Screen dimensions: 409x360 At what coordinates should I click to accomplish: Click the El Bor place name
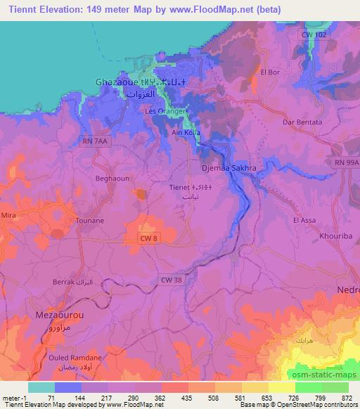(x=270, y=72)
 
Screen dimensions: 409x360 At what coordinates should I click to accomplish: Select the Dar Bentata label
(x=302, y=122)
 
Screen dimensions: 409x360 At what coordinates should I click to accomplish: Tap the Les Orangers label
(x=166, y=112)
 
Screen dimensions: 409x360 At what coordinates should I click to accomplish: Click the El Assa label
(x=303, y=220)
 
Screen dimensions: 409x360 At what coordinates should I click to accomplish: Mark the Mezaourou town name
(x=60, y=316)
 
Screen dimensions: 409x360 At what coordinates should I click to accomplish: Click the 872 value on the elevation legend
(x=348, y=398)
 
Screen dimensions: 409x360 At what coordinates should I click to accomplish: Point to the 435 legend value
(x=188, y=398)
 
